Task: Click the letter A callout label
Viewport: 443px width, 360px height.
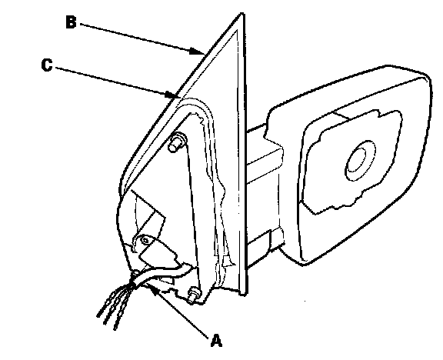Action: tap(216, 341)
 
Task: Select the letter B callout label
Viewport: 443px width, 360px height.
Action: tap(71, 22)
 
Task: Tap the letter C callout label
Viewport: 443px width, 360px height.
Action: tap(47, 65)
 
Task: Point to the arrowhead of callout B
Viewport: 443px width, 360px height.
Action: tap(197, 51)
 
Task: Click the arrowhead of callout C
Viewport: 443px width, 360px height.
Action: tap(173, 95)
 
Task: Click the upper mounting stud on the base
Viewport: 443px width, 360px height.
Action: tap(177, 142)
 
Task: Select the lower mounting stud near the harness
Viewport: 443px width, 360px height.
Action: tap(194, 295)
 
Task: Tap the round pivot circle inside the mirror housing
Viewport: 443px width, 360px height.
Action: tap(360, 161)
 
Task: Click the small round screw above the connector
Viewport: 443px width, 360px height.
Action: tap(145, 241)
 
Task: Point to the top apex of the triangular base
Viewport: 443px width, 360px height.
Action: tap(241, 14)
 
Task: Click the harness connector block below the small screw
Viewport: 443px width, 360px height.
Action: tap(158, 255)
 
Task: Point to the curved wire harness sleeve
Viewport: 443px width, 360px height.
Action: tap(160, 275)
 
